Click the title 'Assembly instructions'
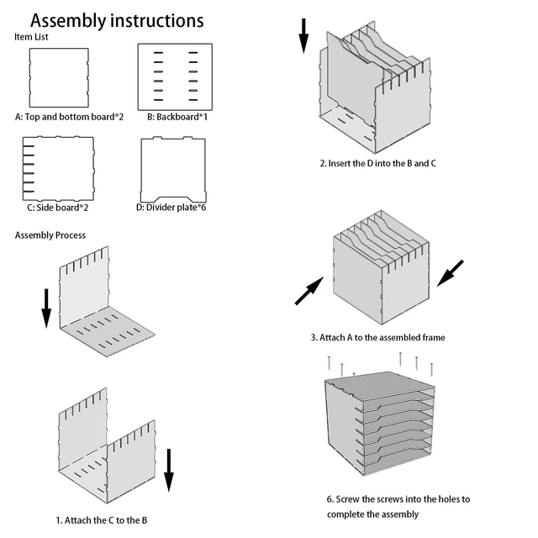[117, 21]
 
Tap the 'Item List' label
[31, 37]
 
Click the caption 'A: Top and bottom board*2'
[69, 117]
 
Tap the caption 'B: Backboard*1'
[177, 117]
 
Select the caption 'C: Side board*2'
[58, 208]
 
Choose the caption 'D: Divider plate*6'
[171, 208]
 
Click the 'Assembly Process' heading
[50, 235]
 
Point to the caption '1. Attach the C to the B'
[102, 520]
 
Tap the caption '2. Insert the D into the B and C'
[377, 163]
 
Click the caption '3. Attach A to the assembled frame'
[377, 338]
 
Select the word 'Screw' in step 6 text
[347, 499]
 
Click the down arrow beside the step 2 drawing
[303, 36]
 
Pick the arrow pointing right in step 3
[309, 291]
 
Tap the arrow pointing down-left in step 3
[451, 273]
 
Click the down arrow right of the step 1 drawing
[168, 471]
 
